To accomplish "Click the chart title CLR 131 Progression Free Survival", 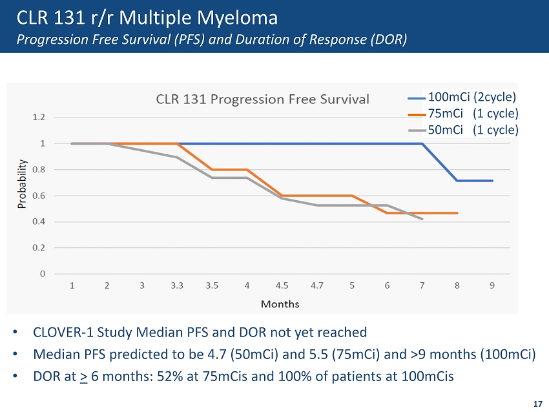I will point(263,99).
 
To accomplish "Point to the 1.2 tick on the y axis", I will point(39,118).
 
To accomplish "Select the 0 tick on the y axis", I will point(43,274).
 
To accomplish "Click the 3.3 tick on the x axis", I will point(177,285).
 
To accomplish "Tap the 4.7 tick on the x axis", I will point(317,285).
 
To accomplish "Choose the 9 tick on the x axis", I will point(492,285).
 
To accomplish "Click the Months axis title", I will point(280,303).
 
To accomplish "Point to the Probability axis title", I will point(23,184).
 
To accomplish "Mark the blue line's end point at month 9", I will point(492,181).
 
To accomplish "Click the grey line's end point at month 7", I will point(422,219).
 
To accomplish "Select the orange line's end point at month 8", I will point(457,213).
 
